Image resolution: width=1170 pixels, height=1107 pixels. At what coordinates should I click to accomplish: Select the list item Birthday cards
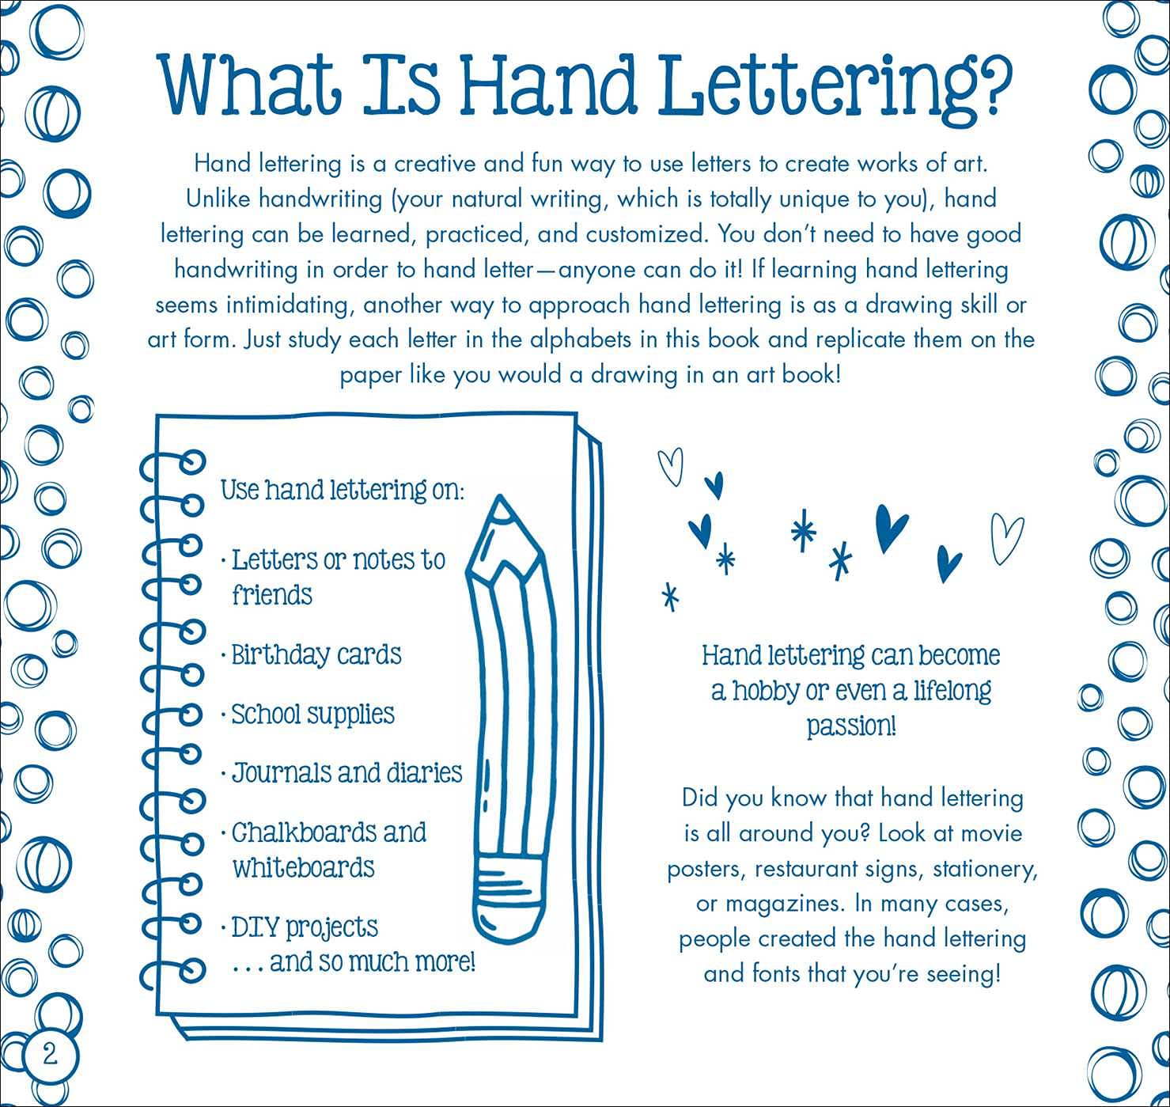tap(316, 655)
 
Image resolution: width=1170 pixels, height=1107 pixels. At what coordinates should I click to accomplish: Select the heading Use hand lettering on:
tap(343, 491)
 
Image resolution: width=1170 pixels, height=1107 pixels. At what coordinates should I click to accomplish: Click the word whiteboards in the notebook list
tap(304, 868)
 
